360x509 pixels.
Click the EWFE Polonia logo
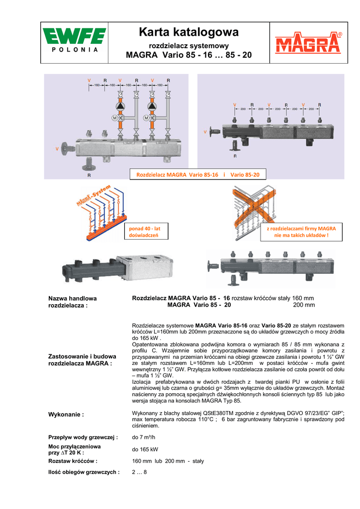(74, 42)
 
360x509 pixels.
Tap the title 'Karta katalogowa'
(189, 33)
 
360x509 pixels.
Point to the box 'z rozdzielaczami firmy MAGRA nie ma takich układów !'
(301, 232)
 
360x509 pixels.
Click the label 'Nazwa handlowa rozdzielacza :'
(73, 302)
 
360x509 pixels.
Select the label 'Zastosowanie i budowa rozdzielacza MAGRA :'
(82, 359)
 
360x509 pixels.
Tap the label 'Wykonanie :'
(66, 414)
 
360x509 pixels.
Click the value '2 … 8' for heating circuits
(139, 472)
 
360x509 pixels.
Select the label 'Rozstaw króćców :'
(73, 461)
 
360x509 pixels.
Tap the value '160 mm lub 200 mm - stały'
(168, 461)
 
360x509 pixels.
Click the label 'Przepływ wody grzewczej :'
(83, 437)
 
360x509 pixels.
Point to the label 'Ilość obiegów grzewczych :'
(84, 472)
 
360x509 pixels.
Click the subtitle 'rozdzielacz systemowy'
(189, 45)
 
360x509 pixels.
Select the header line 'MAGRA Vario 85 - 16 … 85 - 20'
(189, 55)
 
